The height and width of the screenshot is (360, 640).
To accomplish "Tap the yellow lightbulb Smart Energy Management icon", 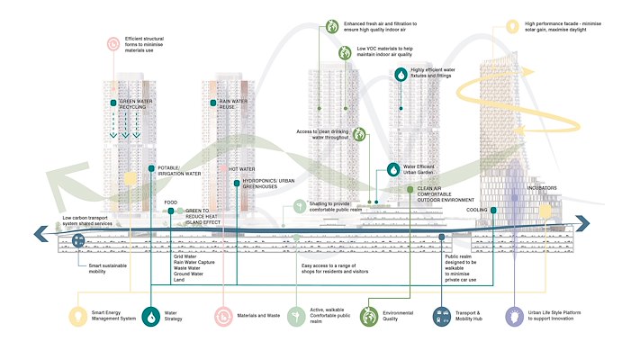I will tap(77, 316).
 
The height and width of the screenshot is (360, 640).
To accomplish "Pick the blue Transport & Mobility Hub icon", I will tap(442, 316).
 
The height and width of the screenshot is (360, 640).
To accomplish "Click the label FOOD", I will tap(170, 202).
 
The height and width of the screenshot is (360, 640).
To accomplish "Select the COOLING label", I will tap(477, 210).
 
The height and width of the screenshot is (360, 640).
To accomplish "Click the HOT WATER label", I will tap(240, 169).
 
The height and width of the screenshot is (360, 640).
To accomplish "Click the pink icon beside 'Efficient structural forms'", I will tap(113, 42).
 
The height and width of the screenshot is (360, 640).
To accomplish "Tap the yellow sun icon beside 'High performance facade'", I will tap(512, 27).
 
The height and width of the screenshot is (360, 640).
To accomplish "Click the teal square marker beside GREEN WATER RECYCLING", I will tap(113, 104).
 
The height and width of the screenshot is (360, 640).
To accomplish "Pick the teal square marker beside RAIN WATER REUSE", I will tap(213, 104).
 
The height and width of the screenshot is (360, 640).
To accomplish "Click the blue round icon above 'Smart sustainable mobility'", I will tap(78, 240).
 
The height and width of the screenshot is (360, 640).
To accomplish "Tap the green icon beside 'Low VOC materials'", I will tap(345, 54).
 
